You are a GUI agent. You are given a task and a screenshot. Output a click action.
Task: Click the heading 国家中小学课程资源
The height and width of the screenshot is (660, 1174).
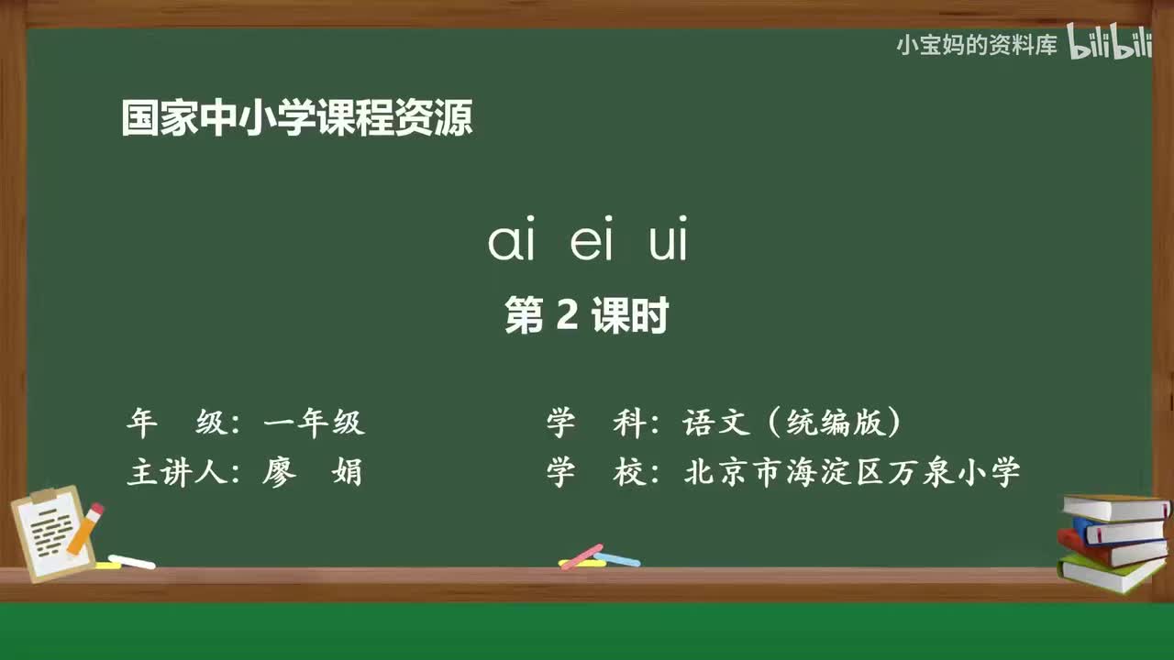tap(296, 119)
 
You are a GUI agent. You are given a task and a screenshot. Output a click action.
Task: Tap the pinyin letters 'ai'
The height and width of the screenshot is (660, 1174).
tap(511, 242)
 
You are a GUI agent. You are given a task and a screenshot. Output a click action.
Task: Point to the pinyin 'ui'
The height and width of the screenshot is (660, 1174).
tap(668, 242)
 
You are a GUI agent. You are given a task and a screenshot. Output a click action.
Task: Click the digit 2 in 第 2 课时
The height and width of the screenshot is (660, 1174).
tap(567, 317)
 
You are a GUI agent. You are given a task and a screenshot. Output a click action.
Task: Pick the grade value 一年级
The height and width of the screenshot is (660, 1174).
tap(314, 423)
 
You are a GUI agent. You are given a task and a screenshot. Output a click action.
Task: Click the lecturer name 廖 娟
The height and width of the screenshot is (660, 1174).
tap(313, 473)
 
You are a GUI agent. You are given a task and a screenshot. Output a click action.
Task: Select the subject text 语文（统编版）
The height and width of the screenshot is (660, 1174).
tap(792, 423)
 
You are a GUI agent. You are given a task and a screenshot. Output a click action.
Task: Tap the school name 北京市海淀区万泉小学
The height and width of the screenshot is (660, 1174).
tap(852, 473)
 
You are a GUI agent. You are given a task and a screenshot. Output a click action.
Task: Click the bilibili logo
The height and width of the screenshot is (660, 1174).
tap(1110, 44)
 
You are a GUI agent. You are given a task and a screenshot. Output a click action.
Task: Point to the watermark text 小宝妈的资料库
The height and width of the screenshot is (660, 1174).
tap(977, 45)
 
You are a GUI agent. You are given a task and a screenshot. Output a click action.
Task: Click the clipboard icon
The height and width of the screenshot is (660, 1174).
tap(50, 533)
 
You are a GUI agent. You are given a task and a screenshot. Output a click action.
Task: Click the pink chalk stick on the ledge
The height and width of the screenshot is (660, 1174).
tap(581, 555)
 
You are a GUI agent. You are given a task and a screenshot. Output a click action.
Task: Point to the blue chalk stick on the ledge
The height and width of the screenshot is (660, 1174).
tap(618, 559)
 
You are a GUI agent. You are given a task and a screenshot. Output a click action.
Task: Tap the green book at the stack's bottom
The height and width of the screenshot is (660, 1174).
tap(1110, 574)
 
